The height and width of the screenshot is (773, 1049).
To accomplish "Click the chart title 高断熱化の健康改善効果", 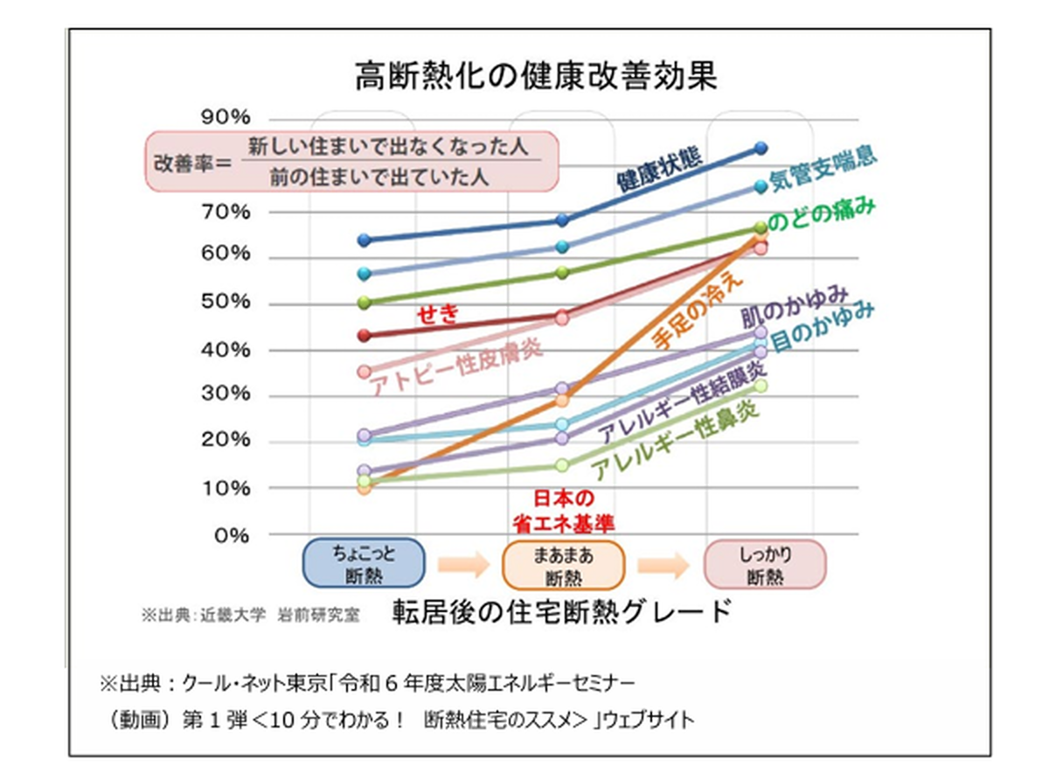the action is [x=536, y=76].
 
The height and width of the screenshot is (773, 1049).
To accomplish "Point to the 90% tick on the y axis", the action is [x=226, y=117].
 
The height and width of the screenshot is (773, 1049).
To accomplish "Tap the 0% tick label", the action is [x=232, y=535].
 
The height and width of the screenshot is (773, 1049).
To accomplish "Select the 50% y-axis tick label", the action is [x=226, y=302].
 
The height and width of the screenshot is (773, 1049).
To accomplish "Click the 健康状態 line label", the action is [x=659, y=170].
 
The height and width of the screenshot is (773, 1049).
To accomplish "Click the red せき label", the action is [x=437, y=314].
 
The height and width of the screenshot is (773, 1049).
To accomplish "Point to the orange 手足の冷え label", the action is [x=698, y=311].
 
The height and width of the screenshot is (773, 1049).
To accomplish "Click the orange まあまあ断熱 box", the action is [x=563, y=565].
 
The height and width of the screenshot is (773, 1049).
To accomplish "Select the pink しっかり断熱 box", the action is [x=765, y=564].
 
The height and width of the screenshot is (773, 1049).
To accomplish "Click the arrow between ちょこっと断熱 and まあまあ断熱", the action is [x=463, y=565].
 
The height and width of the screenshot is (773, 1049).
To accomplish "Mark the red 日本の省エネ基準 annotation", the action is [x=563, y=512].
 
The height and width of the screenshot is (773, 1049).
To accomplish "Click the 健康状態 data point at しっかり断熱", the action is [x=761, y=149].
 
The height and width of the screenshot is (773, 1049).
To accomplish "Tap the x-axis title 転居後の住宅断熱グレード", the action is [x=561, y=611].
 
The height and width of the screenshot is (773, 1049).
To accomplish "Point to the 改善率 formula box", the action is [x=351, y=162].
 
